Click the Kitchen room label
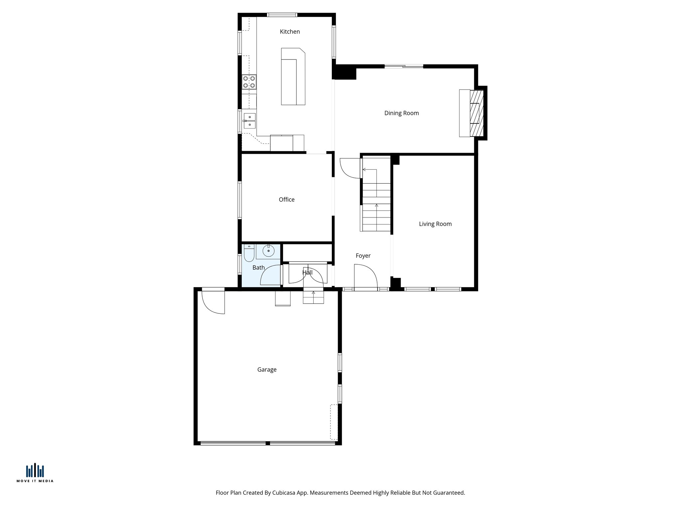(x=290, y=32)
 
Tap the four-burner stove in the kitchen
(x=249, y=82)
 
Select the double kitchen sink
(x=249, y=121)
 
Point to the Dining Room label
(x=401, y=113)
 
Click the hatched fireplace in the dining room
(x=477, y=113)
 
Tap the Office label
(x=286, y=200)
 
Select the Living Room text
(x=435, y=224)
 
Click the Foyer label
(x=363, y=256)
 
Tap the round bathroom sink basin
(x=268, y=251)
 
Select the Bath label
(x=258, y=268)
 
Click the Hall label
(x=307, y=273)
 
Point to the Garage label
(x=267, y=370)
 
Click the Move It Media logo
(x=35, y=473)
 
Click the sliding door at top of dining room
(x=404, y=67)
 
